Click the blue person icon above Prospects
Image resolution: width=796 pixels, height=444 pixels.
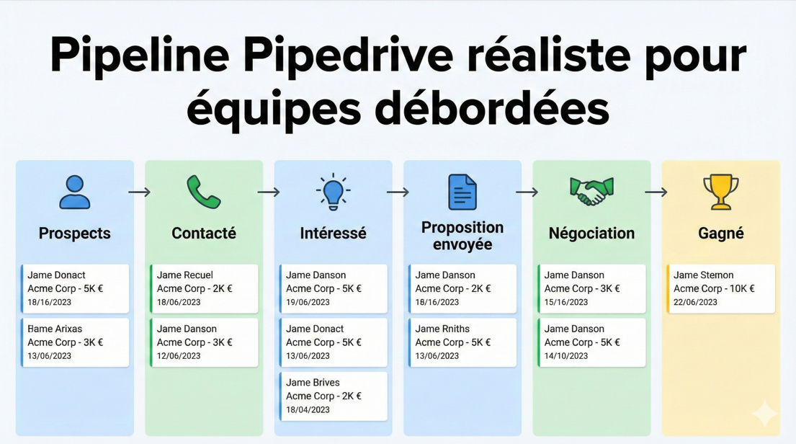pyautogui.click(x=75, y=192)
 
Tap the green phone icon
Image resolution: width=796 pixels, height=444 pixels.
pyautogui.click(x=204, y=192)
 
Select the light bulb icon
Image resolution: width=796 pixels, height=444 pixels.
pyautogui.click(x=333, y=192)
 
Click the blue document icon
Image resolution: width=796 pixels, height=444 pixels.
pyautogui.click(x=462, y=192)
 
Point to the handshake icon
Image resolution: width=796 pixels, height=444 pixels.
pyautogui.click(x=591, y=192)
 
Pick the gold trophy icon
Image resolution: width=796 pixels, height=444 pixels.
pyautogui.click(x=720, y=192)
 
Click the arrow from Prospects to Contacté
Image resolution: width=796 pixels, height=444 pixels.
pyautogui.click(x=139, y=192)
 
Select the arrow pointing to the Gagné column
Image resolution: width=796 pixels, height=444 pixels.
pyautogui.click(x=656, y=192)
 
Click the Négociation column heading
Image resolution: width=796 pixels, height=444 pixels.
pyautogui.click(x=591, y=234)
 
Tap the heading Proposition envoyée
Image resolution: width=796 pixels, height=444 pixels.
pyautogui.click(x=462, y=236)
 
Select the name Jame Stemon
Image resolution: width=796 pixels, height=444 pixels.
pyautogui.click(x=703, y=275)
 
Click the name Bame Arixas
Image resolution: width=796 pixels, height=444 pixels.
pyautogui.click(x=55, y=329)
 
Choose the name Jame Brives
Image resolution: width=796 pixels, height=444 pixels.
pyautogui.click(x=313, y=383)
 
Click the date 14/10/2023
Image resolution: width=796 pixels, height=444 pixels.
pyautogui.click(x=566, y=356)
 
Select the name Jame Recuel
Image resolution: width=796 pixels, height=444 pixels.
pyautogui.click(x=184, y=275)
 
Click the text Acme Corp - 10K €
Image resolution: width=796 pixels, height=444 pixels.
pyautogui.click(x=714, y=288)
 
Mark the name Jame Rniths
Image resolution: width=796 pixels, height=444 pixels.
pyautogui.click(x=442, y=329)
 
